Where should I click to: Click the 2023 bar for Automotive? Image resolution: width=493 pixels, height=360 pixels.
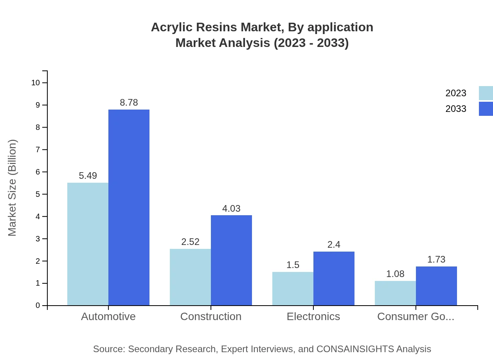point(88,244)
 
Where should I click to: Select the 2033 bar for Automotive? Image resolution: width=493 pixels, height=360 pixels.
point(129,207)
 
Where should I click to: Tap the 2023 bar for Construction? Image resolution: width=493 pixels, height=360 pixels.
point(190,277)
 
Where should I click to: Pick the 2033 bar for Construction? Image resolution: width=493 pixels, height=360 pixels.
point(231,260)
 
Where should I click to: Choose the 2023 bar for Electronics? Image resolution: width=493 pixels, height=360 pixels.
point(293,288)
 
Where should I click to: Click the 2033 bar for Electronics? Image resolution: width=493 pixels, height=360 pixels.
point(334,278)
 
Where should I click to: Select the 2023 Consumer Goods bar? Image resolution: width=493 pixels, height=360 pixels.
point(395,293)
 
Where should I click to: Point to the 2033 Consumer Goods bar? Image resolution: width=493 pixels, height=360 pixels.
point(436,286)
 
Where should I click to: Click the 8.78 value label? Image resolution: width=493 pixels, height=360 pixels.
point(129,103)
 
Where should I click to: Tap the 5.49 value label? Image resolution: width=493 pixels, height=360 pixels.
point(88,176)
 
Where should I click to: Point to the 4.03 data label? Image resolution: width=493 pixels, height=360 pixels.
point(231,209)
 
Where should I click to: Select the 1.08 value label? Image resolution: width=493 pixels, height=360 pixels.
point(395,274)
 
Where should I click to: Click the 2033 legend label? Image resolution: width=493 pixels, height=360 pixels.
point(456,109)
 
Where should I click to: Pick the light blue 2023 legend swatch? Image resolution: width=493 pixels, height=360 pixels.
point(486,93)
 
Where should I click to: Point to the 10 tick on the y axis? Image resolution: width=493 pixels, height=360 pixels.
point(36,83)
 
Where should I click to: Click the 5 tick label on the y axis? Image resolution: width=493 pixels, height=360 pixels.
point(38,194)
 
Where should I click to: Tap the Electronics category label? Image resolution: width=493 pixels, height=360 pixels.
point(313,316)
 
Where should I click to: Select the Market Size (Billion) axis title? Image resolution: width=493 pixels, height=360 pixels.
point(12,188)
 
